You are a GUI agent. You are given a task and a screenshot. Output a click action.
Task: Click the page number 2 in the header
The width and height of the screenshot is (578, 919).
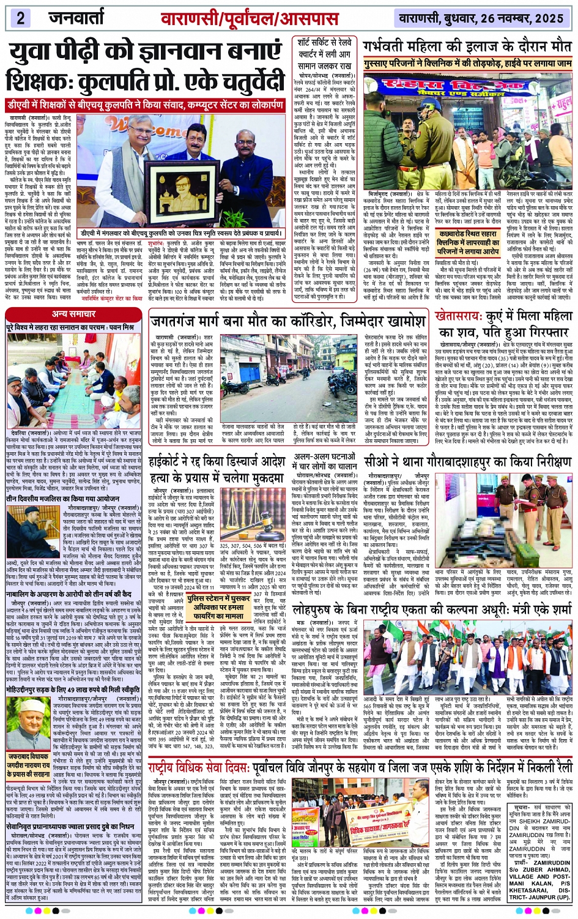(x=20, y=17)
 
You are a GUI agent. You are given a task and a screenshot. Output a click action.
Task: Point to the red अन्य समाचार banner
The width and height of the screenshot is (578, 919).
(x=74, y=314)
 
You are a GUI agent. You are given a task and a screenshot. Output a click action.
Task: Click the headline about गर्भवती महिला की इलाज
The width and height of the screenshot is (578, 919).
(x=467, y=47)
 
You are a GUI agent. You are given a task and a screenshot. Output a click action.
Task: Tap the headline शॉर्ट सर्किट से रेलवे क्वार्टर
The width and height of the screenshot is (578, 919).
(x=324, y=54)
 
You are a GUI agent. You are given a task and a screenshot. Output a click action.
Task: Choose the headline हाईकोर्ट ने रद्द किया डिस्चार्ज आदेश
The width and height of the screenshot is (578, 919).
(x=220, y=461)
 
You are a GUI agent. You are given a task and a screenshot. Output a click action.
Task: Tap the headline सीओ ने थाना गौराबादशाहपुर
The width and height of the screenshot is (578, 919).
(x=467, y=462)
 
